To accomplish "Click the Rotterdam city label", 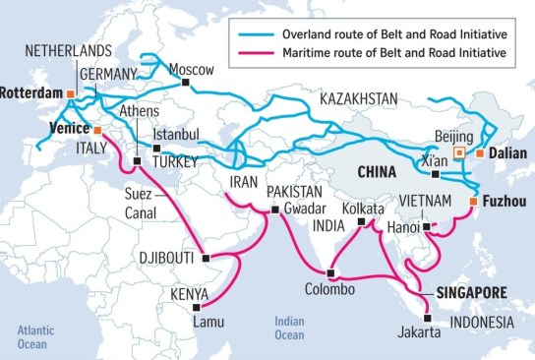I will pyautogui.click(x=30, y=94).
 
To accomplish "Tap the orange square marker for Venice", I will pyautogui.click(x=97, y=129).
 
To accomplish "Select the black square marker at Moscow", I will pyautogui.click(x=185, y=83).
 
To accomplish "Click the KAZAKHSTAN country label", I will pyautogui.click(x=358, y=98).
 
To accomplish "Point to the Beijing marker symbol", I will pyautogui.click(x=459, y=153).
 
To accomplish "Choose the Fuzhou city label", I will pyautogui.click(x=505, y=201).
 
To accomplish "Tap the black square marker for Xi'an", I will pyautogui.click(x=435, y=173).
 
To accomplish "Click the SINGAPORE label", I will pyautogui.click(x=470, y=292).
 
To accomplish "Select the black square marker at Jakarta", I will pyautogui.click(x=427, y=318).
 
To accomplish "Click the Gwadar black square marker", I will pyautogui.click(x=274, y=210).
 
